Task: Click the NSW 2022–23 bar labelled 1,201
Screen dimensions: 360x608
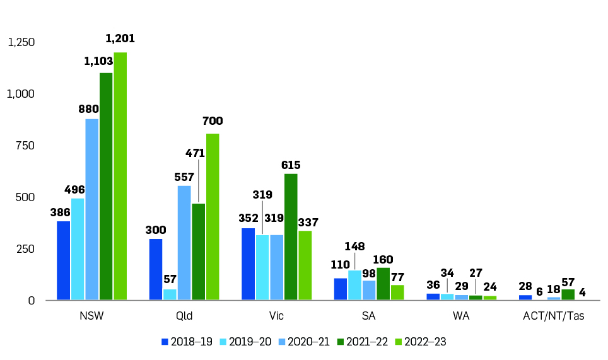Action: [120, 176]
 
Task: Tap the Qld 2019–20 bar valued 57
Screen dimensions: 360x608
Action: [170, 294]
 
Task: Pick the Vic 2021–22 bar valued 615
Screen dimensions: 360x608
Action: [291, 236]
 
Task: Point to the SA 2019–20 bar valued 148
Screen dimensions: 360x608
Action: [355, 285]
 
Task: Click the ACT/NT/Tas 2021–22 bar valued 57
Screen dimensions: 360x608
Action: [568, 294]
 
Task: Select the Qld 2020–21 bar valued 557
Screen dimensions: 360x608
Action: [184, 243]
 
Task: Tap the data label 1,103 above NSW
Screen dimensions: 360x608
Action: [98, 61]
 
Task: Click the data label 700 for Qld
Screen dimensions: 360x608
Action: [213, 121]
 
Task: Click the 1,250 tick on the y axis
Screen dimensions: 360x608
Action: [21, 42]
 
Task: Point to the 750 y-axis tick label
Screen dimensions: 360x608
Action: [25, 146]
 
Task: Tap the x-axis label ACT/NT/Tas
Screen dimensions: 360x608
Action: [553, 316]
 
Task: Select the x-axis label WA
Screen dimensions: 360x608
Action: [462, 316]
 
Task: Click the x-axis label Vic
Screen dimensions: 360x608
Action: [276, 316]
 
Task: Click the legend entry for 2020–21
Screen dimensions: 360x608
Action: [303, 341]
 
